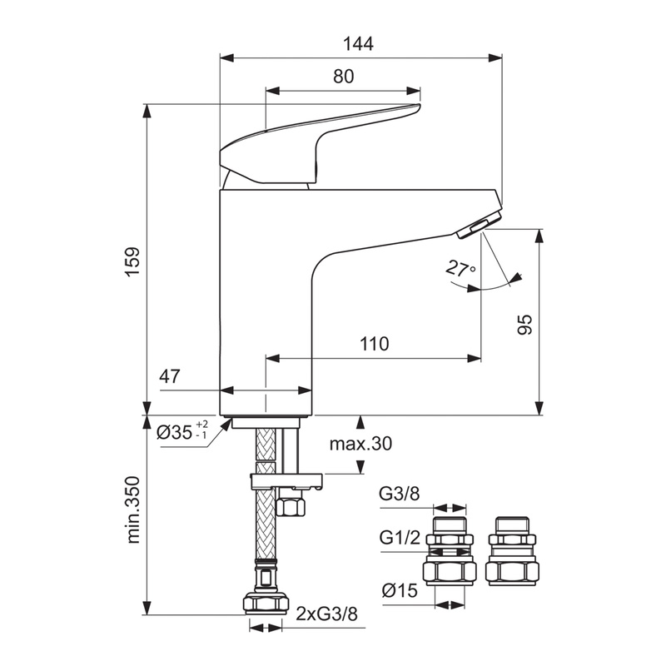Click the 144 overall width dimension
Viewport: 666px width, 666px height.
click(x=360, y=44)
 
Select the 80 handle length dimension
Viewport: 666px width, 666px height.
click(x=343, y=76)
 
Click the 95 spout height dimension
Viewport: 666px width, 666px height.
click(x=525, y=325)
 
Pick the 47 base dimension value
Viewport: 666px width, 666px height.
click(x=170, y=376)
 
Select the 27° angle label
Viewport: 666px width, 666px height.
click(x=460, y=270)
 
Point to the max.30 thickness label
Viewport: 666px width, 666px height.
click(x=360, y=444)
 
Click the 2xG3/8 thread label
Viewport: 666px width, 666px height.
click(x=326, y=615)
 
